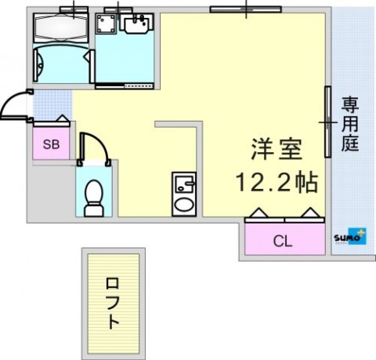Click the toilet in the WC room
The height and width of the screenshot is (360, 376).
94,198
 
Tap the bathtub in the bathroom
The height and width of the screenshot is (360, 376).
61,27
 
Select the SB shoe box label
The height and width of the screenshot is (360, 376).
51,144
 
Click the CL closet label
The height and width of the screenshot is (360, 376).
282,241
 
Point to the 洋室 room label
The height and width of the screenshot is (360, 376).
277,149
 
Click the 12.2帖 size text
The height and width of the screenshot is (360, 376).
277,182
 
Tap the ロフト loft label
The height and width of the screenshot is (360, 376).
113,304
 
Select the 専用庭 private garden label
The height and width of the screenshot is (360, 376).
350,124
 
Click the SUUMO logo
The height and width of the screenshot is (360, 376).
350,237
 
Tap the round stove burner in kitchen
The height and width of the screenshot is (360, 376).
184,205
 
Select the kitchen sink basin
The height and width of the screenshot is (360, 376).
185,184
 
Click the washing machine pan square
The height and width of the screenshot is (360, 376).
106,24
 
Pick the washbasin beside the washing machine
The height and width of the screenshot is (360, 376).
136,24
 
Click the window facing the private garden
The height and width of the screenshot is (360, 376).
327,122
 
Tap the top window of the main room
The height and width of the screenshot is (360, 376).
246,9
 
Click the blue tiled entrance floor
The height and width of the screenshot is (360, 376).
52,105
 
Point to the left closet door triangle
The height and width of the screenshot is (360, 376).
258,213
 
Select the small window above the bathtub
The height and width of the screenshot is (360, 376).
74,9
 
